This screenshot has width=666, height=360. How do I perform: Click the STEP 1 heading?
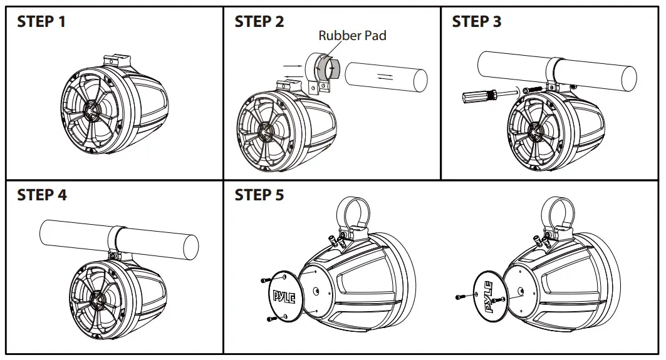41,21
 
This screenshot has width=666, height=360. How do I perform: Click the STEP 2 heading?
259,21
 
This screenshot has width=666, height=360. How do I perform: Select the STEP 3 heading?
476,21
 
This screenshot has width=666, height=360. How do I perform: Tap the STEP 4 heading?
41,195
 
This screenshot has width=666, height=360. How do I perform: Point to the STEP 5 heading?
259,195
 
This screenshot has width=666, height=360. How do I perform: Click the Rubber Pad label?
352,36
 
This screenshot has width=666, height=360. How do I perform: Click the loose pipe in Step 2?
386,78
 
